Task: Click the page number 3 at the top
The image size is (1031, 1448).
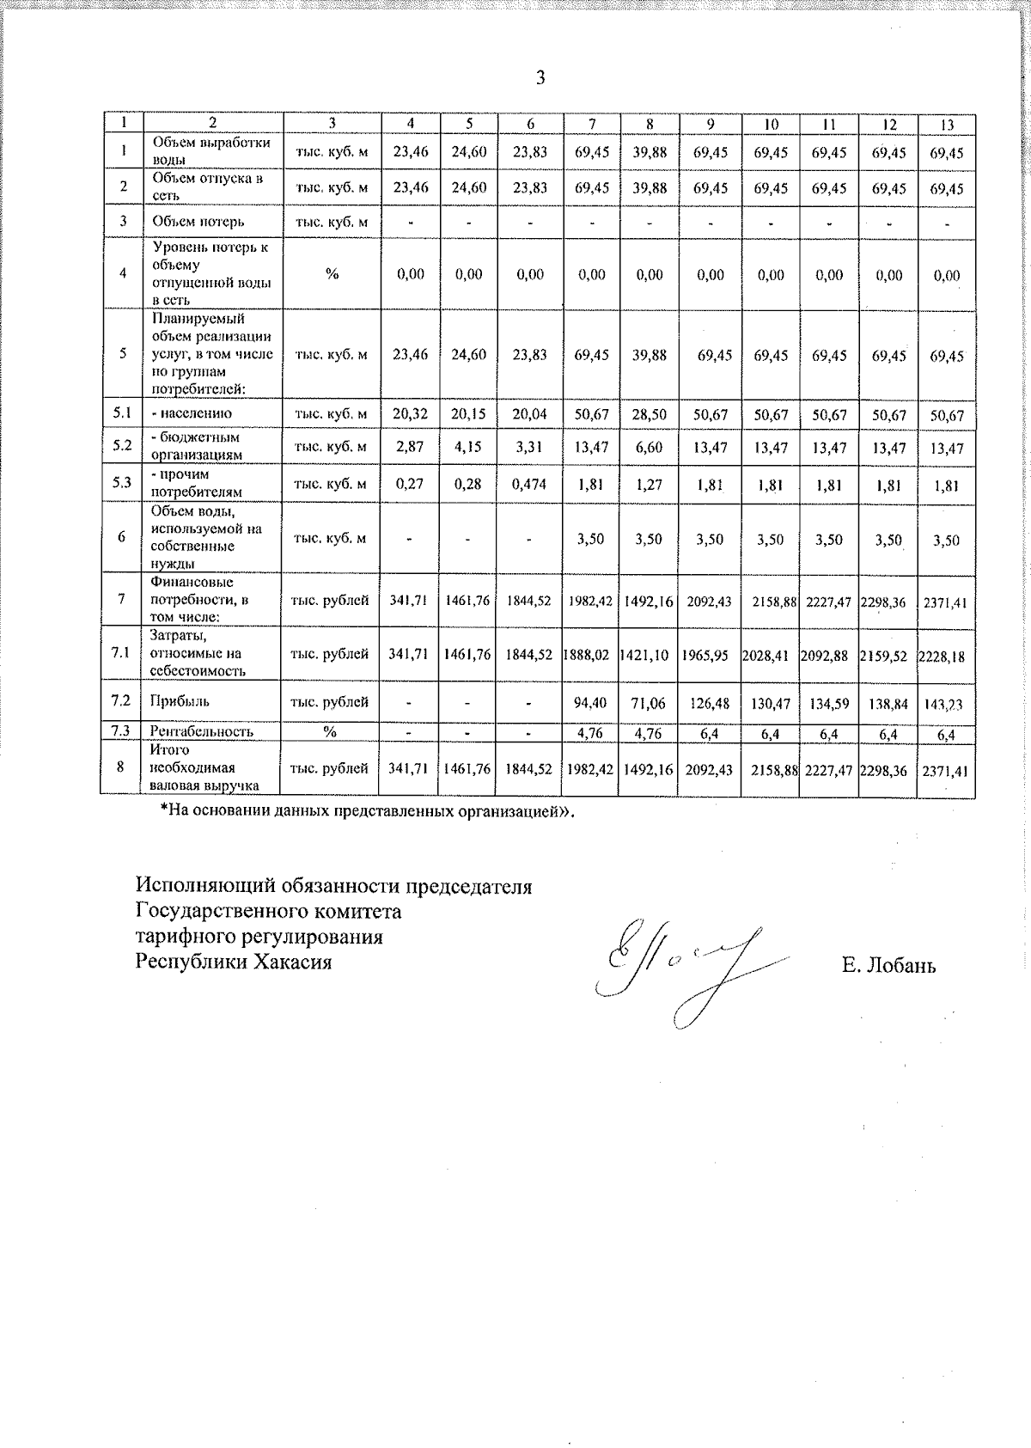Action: click(540, 78)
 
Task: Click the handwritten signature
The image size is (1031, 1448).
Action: click(687, 967)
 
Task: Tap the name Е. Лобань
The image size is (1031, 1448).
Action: click(889, 966)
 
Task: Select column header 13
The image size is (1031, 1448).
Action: click(947, 125)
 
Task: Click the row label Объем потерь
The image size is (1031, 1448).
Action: click(198, 221)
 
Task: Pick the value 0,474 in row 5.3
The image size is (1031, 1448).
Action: click(530, 485)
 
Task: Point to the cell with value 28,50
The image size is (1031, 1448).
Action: click(650, 415)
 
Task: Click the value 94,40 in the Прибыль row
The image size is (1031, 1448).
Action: click(591, 703)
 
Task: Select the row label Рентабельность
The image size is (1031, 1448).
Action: click(202, 731)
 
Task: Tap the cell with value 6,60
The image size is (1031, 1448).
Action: click(650, 449)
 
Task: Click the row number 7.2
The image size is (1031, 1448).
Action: click(121, 701)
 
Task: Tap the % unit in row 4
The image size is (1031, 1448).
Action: click(332, 274)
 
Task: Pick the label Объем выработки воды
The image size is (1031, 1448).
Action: click(211, 151)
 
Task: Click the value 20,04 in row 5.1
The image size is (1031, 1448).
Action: click(530, 415)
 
